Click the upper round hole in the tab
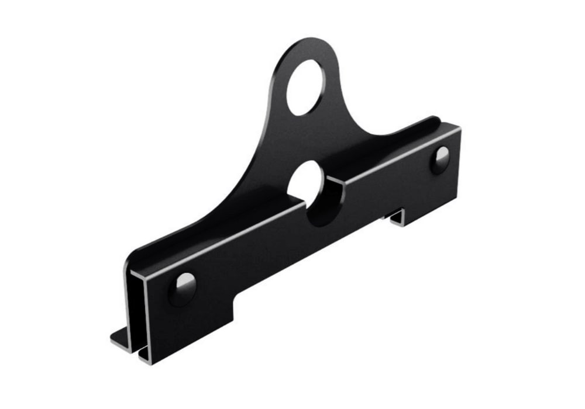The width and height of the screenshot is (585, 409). click(305, 87)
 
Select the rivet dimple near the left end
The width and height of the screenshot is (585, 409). click(183, 288)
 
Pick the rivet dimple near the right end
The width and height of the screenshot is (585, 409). click(441, 159)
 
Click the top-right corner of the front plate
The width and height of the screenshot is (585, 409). click(459, 130)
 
